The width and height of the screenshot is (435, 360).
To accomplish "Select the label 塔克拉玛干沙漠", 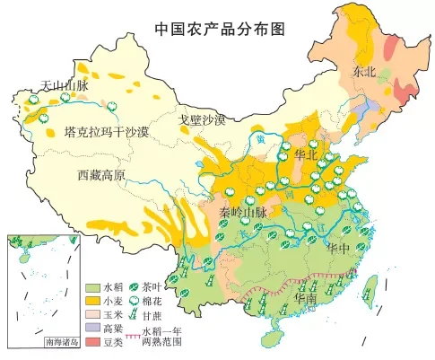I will pyautogui.click(x=107, y=133).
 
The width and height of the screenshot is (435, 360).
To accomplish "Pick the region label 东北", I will pyautogui.click(x=366, y=71).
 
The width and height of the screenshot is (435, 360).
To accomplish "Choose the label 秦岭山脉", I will pyautogui.click(x=242, y=212).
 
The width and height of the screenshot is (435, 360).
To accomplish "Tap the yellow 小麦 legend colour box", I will pyautogui.click(x=92, y=302).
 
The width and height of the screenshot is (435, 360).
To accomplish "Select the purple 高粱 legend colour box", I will pyautogui.click(x=92, y=329).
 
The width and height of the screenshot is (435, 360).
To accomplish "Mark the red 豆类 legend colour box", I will pyautogui.click(x=92, y=342).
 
